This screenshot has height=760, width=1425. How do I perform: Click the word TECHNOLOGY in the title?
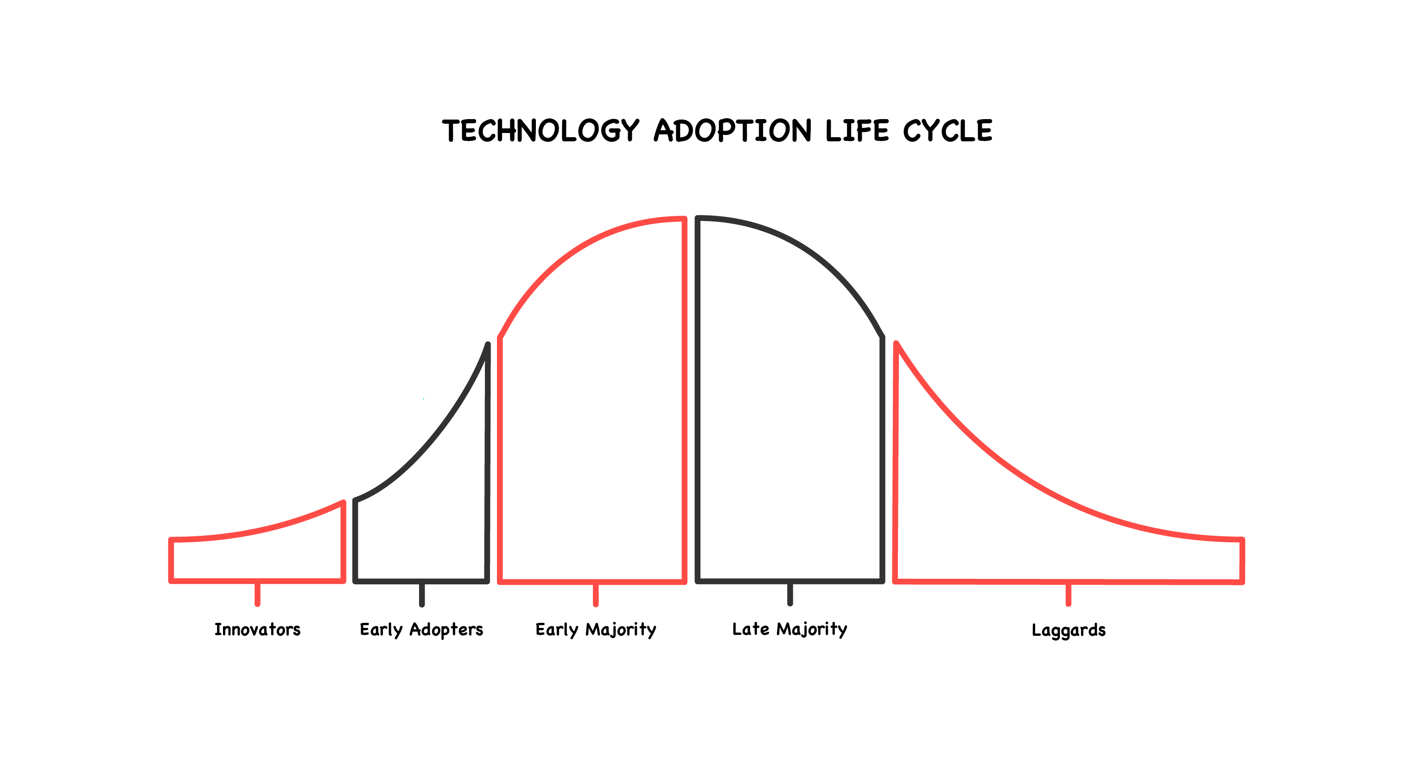pos(541,131)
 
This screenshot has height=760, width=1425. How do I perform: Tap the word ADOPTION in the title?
pos(733,131)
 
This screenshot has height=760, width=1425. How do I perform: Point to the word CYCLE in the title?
pos(948,131)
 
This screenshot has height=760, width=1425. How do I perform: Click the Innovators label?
pos(257,629)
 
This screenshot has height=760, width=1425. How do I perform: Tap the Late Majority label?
pos(790,629)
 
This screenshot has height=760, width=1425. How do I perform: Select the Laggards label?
pos(1069,631)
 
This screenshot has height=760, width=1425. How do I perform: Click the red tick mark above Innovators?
pos(257,594)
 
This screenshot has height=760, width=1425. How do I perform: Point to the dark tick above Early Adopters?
pos(421,595)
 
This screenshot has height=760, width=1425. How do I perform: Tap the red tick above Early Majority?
pos(596,595)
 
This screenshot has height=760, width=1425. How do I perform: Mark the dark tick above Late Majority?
pos(790,594)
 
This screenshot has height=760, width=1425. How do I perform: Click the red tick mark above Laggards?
pos(1068,595)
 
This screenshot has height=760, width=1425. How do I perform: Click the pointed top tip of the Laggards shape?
pos(896,343)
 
